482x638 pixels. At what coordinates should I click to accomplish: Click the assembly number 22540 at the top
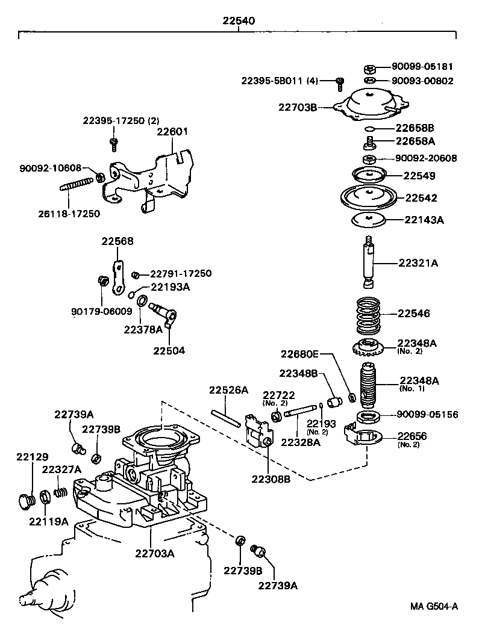coord(239,20)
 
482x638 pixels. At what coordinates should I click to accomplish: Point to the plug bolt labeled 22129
coord(25,500)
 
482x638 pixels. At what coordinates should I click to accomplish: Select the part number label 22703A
coord(155,553)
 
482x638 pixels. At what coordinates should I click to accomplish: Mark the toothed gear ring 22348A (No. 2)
coord(368,347)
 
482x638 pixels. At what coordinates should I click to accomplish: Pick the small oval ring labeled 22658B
coord(371,129)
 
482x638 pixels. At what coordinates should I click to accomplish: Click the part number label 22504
coord(169,350)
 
